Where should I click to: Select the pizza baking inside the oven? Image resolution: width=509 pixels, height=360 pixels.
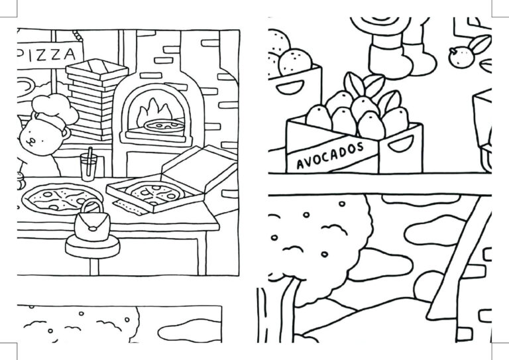point(164,125)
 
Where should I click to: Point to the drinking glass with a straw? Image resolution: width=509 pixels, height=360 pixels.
point(89,166)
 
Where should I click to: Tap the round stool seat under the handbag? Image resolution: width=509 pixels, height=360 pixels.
point(93,246)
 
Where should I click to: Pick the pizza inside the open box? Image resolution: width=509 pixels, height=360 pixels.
point(155,192)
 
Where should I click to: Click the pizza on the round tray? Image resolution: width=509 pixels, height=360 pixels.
point(62,198)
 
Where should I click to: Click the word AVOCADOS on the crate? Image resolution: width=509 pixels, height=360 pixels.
point(330,156)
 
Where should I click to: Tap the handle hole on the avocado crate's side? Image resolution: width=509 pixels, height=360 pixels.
point(401,143)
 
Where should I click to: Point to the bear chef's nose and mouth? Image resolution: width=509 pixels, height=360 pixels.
point(32,141)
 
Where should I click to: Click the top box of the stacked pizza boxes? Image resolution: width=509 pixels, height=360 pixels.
point(97,69)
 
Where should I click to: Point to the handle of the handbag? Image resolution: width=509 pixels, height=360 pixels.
point(92,207)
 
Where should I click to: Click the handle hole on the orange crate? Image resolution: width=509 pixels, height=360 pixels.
point(290,87)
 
